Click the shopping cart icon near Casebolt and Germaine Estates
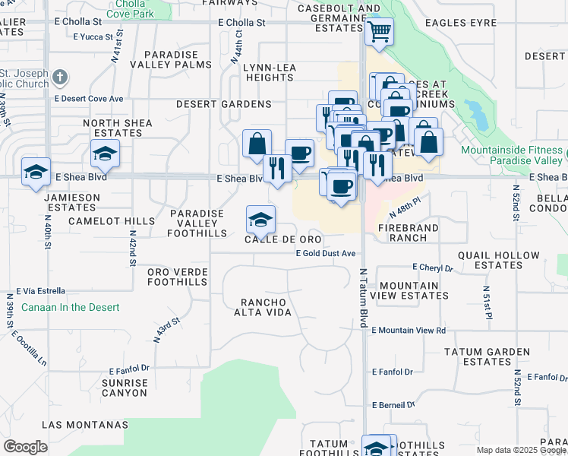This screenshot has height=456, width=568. (379, 32)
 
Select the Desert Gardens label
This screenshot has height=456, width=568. (224, 103)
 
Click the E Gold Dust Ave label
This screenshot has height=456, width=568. (326, 253)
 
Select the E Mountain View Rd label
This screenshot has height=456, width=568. (409, 331)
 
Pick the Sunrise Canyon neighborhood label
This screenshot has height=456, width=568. (125, 388)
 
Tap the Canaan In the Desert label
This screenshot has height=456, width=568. (71, 307)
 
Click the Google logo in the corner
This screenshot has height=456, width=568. (25, 447)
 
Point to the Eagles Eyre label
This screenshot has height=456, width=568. (461, 24)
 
